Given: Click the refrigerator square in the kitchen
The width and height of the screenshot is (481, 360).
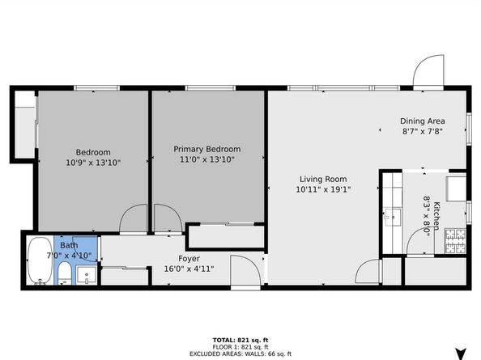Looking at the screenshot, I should tap(457, 187).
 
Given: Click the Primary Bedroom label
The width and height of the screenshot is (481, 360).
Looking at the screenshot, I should tap(207, 149).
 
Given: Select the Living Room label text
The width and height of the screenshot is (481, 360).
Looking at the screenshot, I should tap(323, 179).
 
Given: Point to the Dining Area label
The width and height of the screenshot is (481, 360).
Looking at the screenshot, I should tap(422, 121).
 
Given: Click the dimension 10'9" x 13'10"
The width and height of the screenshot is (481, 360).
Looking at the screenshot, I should tap(93, 163).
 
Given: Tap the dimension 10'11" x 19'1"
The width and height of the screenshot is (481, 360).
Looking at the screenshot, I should tap(323, 189).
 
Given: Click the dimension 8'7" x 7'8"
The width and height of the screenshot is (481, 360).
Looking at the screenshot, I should tap(422, 131).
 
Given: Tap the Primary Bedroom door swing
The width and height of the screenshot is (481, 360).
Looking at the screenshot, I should tap(165, 217).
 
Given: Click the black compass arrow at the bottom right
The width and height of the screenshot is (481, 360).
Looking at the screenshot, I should tap(461, 353).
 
